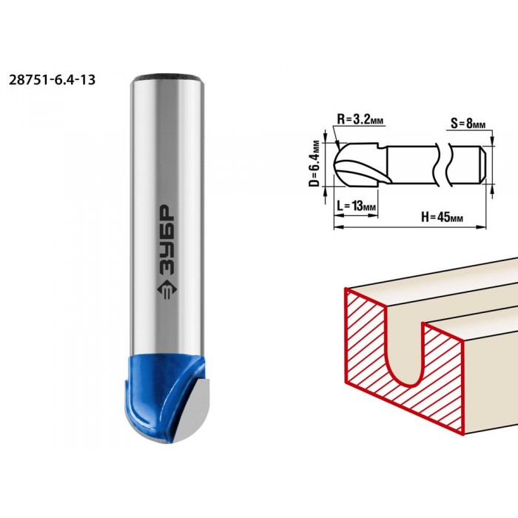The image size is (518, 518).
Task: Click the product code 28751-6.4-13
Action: [x=53, y=80]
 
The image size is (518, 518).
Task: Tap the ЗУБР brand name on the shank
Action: [x=166, y=240]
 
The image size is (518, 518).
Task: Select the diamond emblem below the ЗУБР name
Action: [x=166, y=290]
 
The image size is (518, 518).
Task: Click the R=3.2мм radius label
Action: [x=360, y=119]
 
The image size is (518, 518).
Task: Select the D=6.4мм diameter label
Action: [x=315, y=164]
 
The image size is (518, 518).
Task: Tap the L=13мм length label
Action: [x=356, y=206]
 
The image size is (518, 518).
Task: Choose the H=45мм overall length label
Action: [x=442, y=217]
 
